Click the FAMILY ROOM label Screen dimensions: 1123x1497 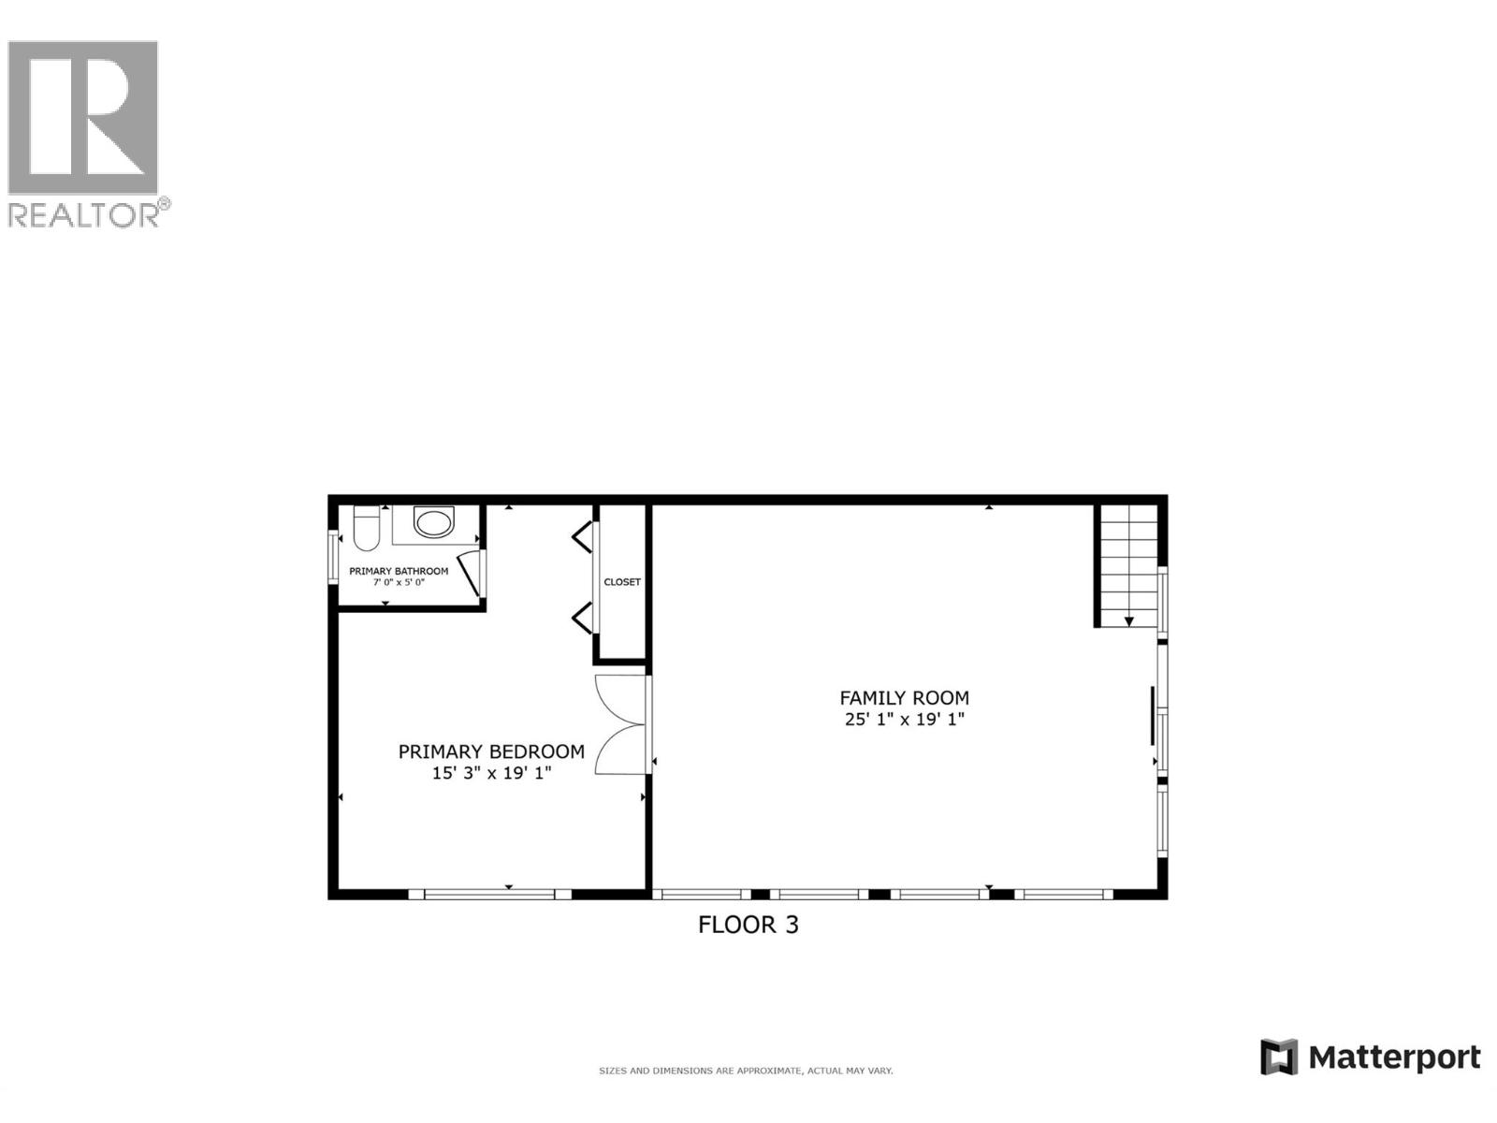pos(904,698)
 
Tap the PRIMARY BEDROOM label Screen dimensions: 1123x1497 pos(491,751)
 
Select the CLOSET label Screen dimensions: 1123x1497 pos(622,582)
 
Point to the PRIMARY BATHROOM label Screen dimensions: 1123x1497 pos(399,571)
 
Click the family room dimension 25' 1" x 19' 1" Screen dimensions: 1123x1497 pos(904,720)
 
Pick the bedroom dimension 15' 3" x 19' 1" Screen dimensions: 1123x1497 pos(491,773)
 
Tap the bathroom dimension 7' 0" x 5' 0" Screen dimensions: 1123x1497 pos(399,582)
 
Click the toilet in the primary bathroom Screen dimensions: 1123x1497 pos(366,529)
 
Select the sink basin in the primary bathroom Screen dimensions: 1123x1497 pos(433,522)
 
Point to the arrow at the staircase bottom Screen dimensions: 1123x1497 pos(1129,621)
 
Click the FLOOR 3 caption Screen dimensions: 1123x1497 pos(748,926)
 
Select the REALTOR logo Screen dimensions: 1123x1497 pos(86,134)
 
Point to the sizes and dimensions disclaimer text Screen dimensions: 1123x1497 pos(746,1071)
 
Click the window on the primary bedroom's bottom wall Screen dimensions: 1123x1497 pos(489,895)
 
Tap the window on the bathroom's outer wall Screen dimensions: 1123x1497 pos(332,558)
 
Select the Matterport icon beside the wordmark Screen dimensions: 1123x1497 pos(1279,1057)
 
